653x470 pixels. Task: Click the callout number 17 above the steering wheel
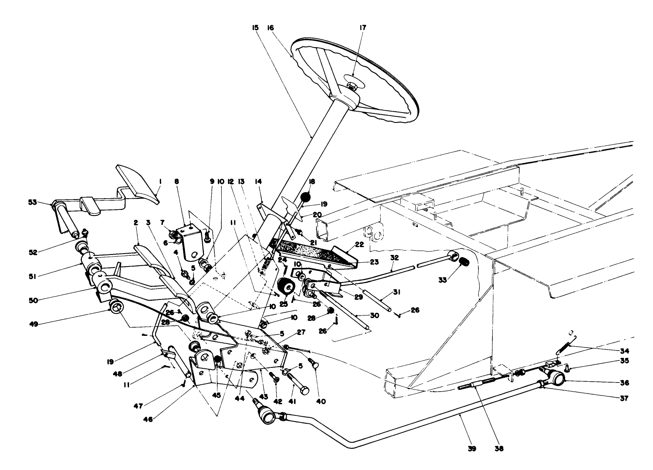[x=362, y=27]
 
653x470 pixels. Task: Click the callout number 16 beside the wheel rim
[x=271, y=27]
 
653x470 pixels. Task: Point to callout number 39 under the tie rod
[x=472, y=449]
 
